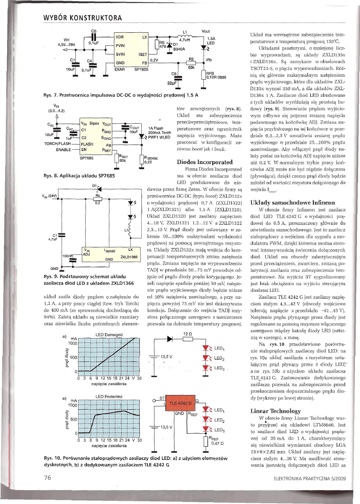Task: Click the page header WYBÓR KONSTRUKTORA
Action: click(x=81, y=19)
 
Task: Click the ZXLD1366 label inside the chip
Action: click(x=128, y=257)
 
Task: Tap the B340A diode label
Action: click(x=179, y=49)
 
